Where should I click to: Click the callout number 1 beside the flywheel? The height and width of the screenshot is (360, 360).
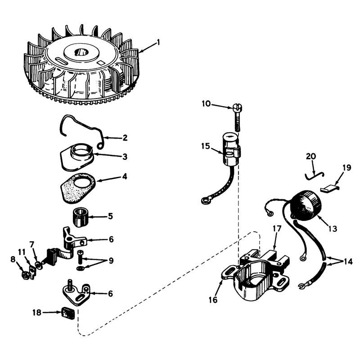pos(158,42)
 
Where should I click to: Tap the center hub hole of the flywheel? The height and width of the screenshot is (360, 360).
pos(81,52)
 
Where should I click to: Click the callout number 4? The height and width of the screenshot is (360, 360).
pos(125,176)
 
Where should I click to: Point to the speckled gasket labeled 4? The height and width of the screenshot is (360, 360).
pos(78,188)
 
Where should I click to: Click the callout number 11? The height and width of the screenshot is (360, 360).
pos(22,252)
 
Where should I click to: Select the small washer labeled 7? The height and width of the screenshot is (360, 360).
pos(38,265)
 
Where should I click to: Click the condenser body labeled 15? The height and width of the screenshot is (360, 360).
pos(231,149)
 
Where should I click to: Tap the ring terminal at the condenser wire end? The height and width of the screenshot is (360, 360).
pos(204,201)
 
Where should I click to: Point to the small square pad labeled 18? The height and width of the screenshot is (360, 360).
pos(68,313)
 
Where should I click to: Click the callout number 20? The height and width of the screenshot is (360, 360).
pos(311,157)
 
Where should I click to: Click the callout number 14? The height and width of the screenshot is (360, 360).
pos(347,261)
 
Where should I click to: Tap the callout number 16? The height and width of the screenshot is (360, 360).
pos(213,300)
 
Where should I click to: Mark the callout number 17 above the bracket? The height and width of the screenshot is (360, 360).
pos(277,229)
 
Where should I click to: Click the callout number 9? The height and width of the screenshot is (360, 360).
pos(111,261)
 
